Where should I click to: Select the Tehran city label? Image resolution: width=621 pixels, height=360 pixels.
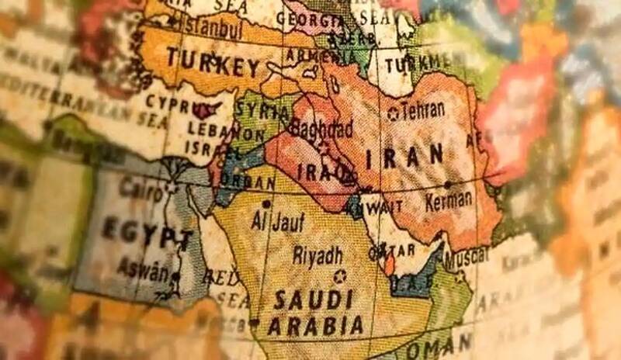point(423,110)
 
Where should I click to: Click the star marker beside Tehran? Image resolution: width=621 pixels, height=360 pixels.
point(393,113)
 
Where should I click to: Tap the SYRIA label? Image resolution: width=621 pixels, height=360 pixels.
point(261,108)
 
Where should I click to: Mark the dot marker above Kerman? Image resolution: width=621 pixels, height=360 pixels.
point(448,185)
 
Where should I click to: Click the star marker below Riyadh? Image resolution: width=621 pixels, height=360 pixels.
point(339,275)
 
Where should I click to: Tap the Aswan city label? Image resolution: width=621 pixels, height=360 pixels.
point(142,271)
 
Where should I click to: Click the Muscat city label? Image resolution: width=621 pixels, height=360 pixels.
point(466,255)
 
